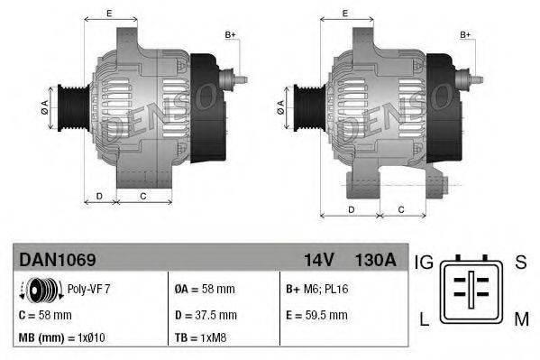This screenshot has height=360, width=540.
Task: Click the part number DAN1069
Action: [58, 260]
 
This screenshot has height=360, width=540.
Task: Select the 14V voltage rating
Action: [318, 260]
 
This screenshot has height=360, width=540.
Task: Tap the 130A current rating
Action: [375, 260]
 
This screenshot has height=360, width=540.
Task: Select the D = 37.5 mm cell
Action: [205, 315]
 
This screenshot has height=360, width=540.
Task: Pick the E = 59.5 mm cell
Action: [316, 315]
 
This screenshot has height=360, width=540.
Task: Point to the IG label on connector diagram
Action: [424, 263]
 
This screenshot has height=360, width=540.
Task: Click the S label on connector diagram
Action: [520, 263]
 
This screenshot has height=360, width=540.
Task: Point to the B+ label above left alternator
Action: [230, 34]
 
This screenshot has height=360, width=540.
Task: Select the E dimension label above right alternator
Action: [346, 13]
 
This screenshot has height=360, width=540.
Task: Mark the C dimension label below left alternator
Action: [142, 194]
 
